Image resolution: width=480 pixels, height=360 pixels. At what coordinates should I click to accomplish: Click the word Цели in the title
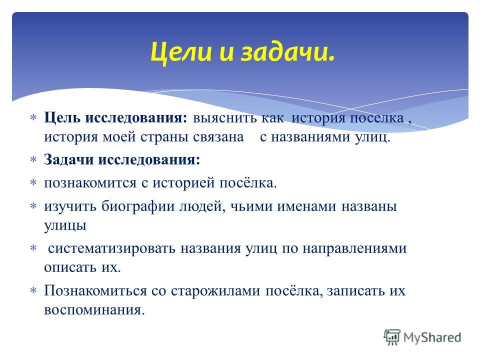pos(180,52)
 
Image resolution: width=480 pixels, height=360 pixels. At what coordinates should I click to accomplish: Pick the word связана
pos(218,137)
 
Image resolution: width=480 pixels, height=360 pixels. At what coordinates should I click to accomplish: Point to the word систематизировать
pos(111,248)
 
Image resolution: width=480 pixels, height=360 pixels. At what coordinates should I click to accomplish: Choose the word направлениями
pos(354,248)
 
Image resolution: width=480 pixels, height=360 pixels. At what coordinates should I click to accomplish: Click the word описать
pos(70,267)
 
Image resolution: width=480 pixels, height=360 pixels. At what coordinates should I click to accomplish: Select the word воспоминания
pos(94,310)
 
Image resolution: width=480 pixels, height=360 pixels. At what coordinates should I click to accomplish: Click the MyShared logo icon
pos(392,337)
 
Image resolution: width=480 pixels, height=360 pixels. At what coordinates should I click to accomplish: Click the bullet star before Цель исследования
pos(33,117)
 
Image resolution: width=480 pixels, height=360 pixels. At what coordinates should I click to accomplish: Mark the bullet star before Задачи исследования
pos(33,159)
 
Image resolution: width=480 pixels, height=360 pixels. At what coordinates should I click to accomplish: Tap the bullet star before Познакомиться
pos(33,290)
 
